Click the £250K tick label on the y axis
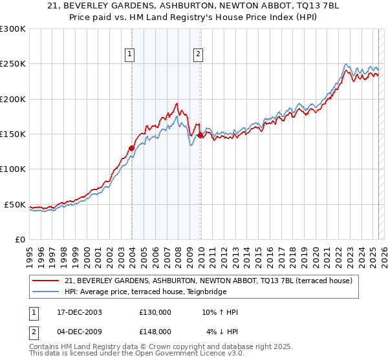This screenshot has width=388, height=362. [13, 64]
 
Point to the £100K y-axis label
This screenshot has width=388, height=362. [13, 169]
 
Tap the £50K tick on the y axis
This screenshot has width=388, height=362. [15, 205]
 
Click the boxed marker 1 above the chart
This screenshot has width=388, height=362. [131, 55]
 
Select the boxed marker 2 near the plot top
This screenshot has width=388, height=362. [198, 55]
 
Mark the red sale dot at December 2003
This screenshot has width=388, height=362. [132, 148]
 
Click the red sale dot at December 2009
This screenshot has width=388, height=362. [200, 136]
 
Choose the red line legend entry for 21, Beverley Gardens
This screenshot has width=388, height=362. [208, 281]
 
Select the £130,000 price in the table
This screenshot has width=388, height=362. [155, 312]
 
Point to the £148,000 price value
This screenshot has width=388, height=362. [155, 331]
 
